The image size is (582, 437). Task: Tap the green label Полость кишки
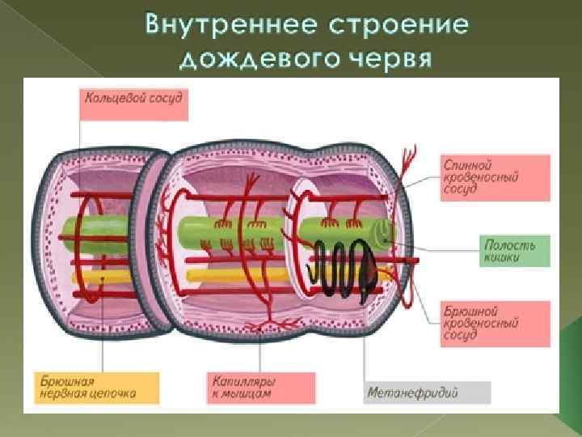[x=516, y=250]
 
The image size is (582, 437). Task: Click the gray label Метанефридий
[x=427, y=393]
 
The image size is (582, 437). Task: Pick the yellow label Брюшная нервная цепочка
[x=98, y=387]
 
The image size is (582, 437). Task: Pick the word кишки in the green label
[x=501, y=257]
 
